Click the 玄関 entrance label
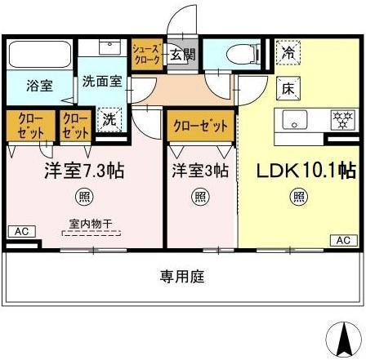[182, 56]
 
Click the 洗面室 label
[100, 82]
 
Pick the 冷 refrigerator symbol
[288, 52]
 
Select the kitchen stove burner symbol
[341, 119]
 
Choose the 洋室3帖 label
[199, 171]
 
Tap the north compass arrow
[343, 336]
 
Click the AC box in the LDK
[343, 239]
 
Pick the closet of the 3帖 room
[199, 127]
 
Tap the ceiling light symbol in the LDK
[300, 196]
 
